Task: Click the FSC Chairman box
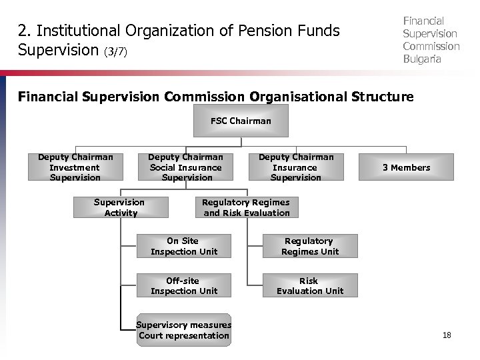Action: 241,121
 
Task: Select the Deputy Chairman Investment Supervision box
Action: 75,167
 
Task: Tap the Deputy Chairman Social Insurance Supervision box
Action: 186,167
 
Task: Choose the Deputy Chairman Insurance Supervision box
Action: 296,167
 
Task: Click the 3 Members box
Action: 406,167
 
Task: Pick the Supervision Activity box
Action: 120,207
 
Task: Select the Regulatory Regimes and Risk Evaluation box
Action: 247,207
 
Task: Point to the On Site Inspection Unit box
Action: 183,246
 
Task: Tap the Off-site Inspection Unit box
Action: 183,286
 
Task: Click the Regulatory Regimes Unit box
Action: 309,246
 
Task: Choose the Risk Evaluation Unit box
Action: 309,286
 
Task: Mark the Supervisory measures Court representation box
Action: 183,330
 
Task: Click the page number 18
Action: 447,335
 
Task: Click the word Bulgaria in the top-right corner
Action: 422,59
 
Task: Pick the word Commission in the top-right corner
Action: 431,46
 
